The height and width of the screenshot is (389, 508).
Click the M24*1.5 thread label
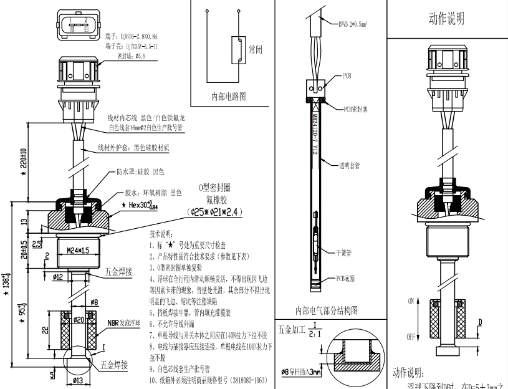75,251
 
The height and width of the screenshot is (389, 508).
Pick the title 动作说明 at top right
446,19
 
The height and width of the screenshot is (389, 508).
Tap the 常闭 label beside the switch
256,47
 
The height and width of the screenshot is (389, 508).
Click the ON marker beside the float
411,300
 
